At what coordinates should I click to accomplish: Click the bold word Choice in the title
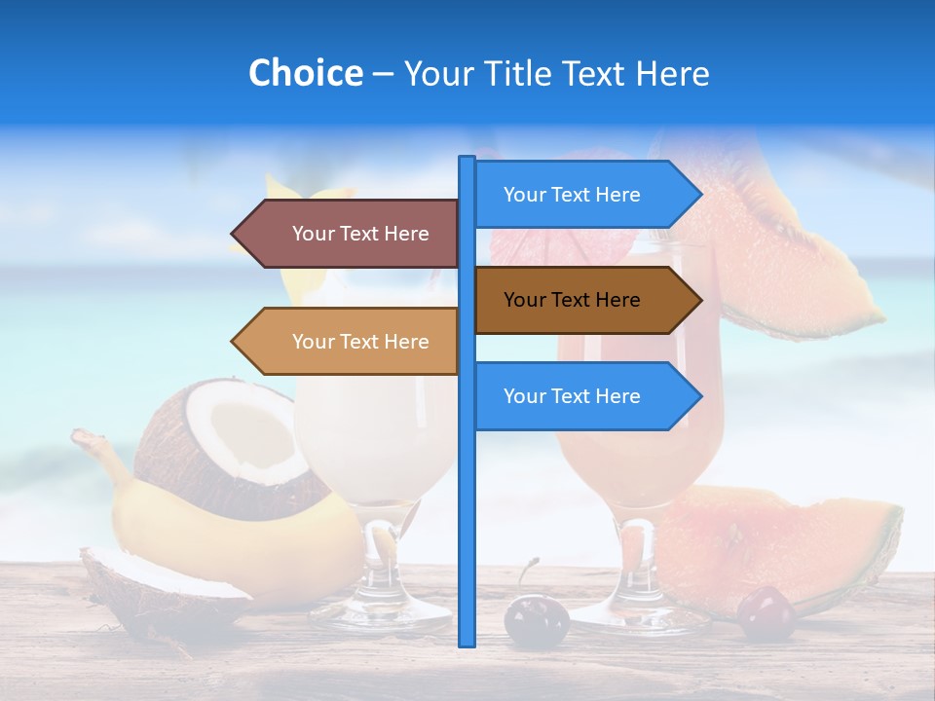[x=305, y=73]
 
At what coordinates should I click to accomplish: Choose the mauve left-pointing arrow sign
[x=351, y=234]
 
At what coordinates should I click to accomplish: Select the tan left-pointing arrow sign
[x=351, y=342]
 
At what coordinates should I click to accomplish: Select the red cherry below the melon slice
[x=765, y=612]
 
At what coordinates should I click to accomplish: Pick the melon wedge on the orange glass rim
[x=789, y=243]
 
